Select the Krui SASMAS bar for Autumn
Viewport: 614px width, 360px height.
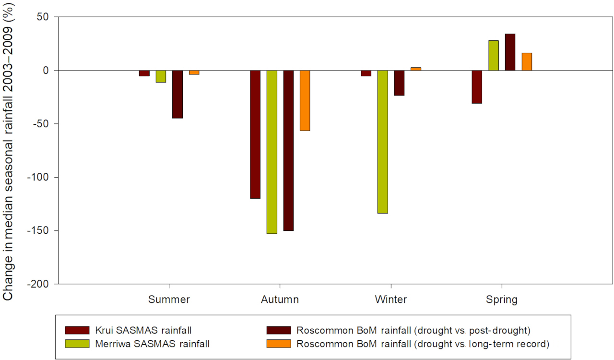coord(255,134)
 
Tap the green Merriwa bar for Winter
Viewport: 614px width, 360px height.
coord(383,142)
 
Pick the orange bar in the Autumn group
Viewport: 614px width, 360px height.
coord(305,100)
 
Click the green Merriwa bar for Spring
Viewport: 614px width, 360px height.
coord(494,55)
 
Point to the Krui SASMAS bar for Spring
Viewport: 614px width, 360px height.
coord(477,87)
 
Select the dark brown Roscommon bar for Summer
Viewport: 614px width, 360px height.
coord(177,94)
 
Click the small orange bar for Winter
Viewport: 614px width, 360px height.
coord(416,69)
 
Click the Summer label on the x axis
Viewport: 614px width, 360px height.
coord(169,300)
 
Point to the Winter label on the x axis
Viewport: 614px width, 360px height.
coord(391,300)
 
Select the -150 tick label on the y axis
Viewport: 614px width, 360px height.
coord(44,231)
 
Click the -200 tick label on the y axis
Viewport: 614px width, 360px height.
coord(44,284)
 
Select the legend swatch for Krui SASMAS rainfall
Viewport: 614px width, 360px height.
coord(77,330)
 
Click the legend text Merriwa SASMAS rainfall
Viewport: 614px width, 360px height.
coord(152,344)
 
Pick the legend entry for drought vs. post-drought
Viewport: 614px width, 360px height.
coord(413,330)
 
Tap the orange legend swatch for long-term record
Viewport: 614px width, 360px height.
coord(279,344)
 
